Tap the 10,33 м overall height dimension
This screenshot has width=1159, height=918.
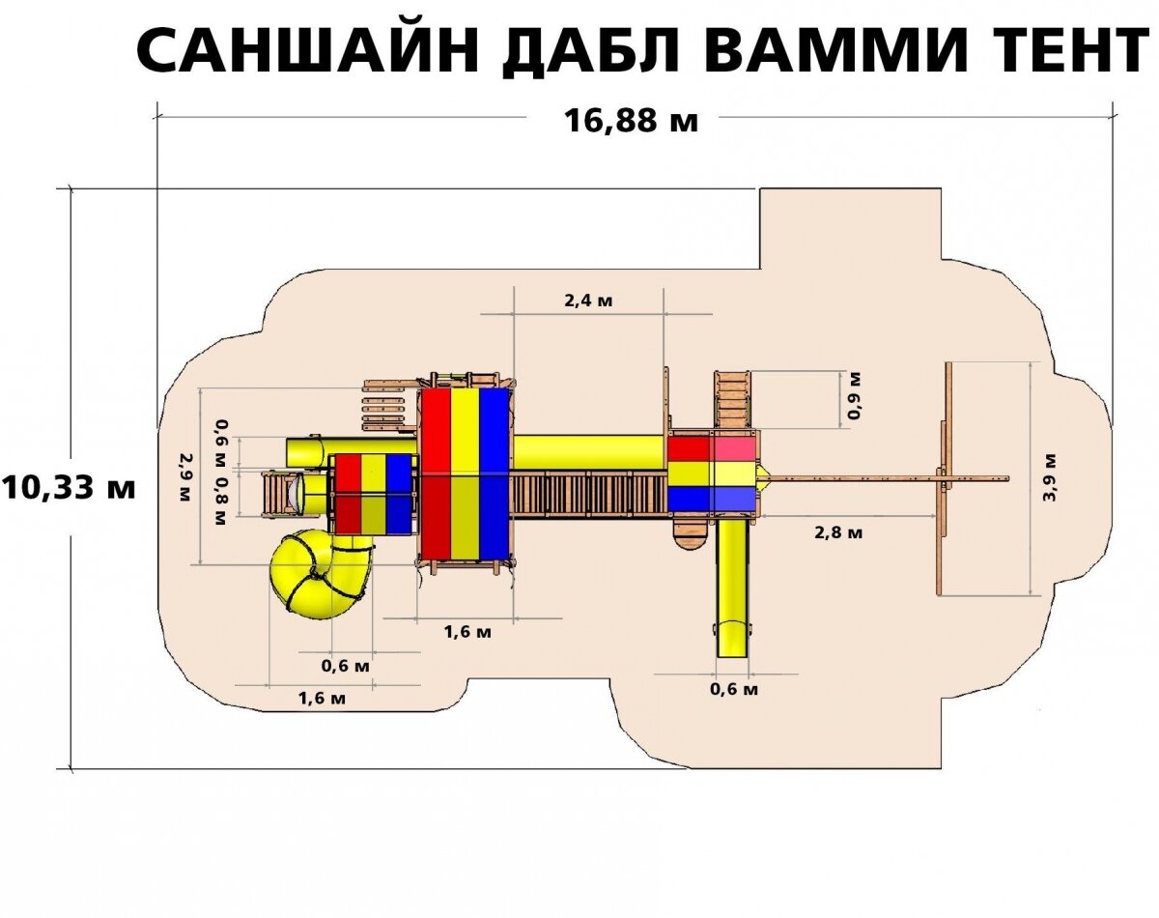(x=68, y=487)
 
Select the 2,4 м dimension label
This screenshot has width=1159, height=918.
(x=588, y=301)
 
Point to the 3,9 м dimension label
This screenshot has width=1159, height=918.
(x=1050, y=476)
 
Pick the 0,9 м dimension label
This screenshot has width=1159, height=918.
(x=854, y=397)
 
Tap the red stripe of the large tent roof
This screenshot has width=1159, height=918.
(x=436, y=473)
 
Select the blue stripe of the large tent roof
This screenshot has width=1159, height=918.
(x=495, y=473)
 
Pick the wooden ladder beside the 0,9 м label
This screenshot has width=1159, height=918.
(x=732, y=399)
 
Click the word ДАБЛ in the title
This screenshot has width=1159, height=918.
(x=587, y=51)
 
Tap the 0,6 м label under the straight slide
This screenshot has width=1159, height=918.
(x=733, y=689)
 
